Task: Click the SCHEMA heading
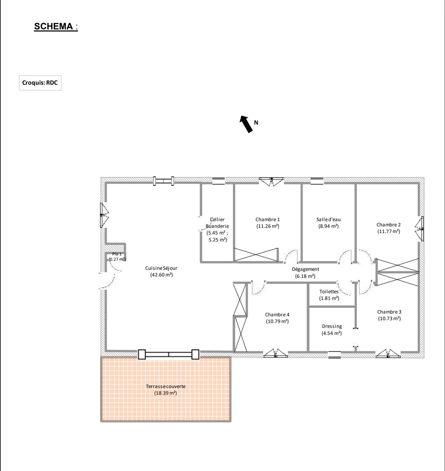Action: pos(56,26)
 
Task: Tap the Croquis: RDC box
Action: pos(40,83)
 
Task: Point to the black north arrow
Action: pos(246,124)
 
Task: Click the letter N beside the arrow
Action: pos(256,122)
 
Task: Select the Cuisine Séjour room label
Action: pos(161,268)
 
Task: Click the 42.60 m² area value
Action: pos(162,275)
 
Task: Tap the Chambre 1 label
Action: pos(268,219)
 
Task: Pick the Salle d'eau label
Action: pos(328,219)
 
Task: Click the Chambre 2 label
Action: pos(389,225)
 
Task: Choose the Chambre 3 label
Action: pos(389,312)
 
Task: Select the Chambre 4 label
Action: pos(277,315)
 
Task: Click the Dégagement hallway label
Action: pos(305,269)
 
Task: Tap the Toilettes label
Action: pos(329,291)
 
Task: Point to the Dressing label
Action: pos(332,326)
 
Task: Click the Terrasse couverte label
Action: pos(165,386)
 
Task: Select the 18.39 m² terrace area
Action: pos(165,393)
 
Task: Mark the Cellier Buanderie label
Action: pos(217,223)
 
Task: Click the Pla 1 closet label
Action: pos(117,254)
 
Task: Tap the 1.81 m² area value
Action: pos(329,298)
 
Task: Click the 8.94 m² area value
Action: pos(328,226)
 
